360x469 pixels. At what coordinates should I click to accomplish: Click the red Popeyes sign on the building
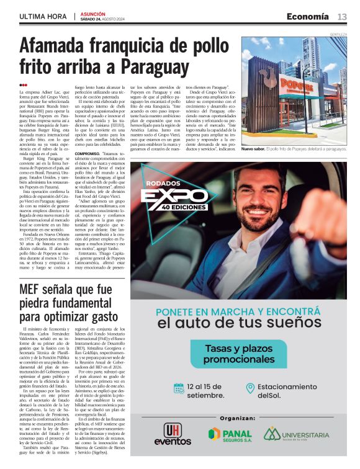tap(296, 85)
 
